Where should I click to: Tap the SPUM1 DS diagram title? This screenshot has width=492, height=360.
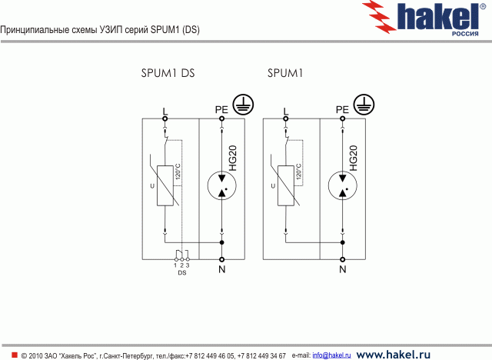[x=168, y=74]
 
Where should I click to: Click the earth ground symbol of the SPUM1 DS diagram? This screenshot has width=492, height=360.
[x=243, y=104]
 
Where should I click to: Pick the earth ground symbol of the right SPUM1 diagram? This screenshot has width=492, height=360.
[x=364, y=104]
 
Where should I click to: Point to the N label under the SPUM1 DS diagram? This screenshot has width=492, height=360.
[x=221, y=269]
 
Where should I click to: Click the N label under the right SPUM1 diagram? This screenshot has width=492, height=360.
[x=342, y=269]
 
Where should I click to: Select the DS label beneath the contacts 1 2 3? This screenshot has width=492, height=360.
[x=182, y=272]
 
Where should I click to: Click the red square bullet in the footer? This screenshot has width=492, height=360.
[x=14, y=355]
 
